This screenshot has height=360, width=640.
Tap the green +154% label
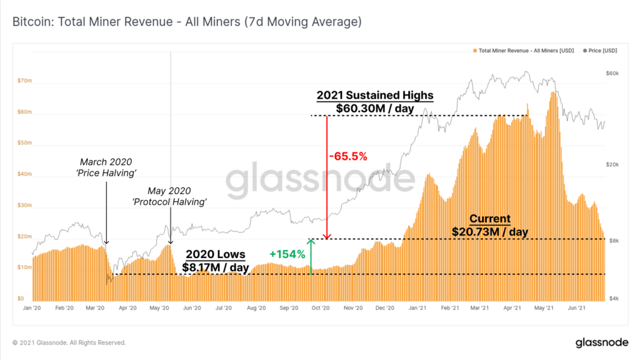[x=287, y=254]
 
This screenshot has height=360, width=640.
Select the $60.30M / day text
[x=374, y=108]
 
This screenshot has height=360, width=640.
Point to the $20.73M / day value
[x=490, y=232]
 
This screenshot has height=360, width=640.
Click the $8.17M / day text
[x=216, y=267]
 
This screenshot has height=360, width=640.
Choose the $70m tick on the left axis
[x=24, y=81]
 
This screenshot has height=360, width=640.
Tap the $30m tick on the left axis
[x=24, y=205]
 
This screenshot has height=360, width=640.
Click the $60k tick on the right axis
[x=612, y=74]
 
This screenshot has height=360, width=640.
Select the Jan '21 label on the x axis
[x=417, y=308]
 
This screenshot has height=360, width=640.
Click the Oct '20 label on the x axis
[x=320, y=308]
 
